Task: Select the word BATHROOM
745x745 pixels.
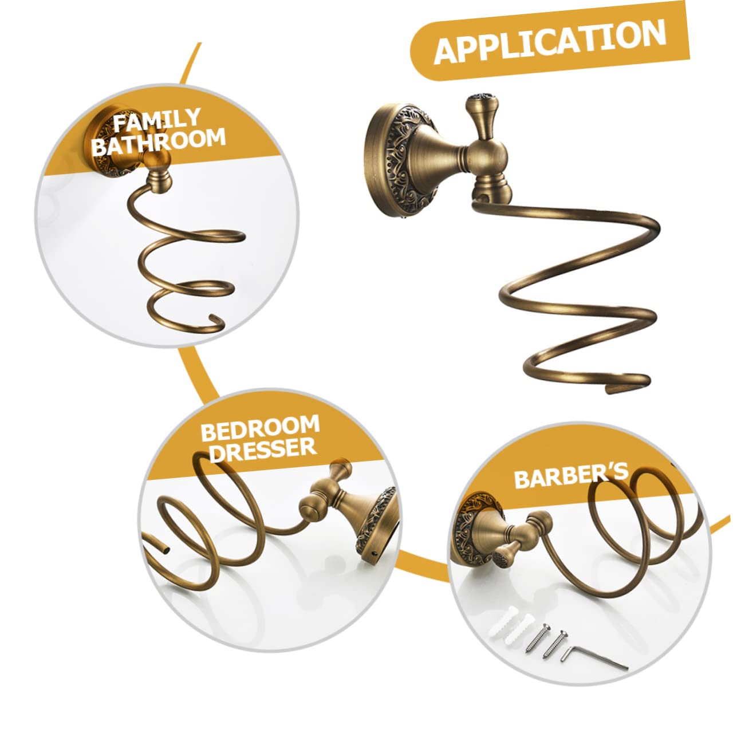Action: click(x=159, y=142)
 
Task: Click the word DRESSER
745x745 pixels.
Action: click(x=263, y=450)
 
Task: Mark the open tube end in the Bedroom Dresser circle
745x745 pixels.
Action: click(x=167, y=548)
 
